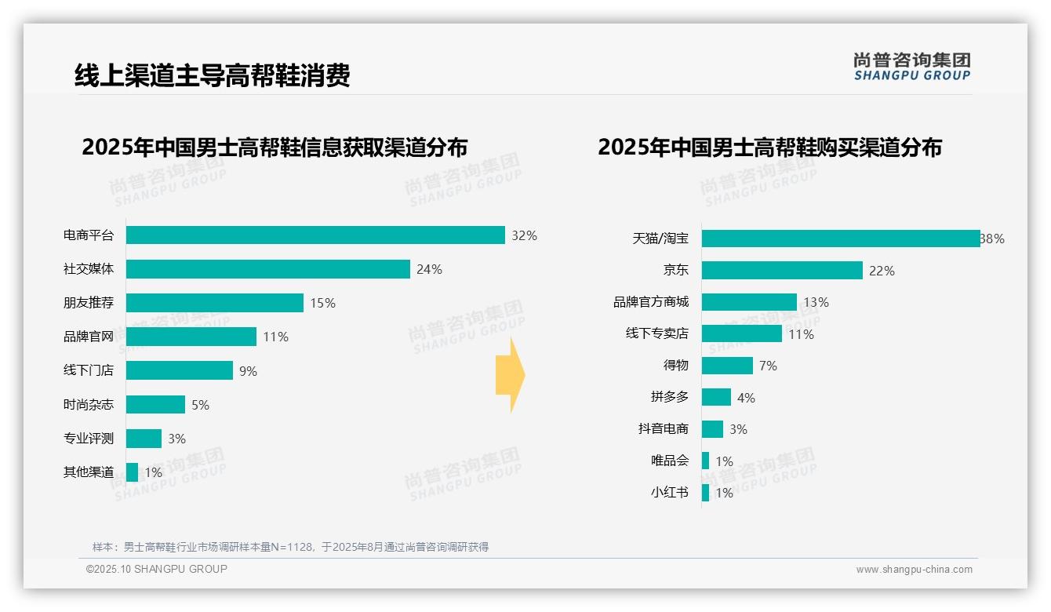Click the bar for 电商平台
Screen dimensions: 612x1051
pyautogui.click(x=315, y=235)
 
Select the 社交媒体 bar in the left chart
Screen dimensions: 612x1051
pyautogui.click(x=268, y=269)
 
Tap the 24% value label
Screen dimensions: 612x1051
pyautogui.click(x=429, y=269)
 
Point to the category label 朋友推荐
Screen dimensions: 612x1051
pyautogui.click(x=89, y=303)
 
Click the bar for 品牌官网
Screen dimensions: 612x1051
pyautogui.click(x=191, y=337)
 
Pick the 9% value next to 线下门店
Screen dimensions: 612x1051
pyautogui.click(x=248, y=371)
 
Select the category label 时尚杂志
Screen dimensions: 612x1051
pyautogui.click(x=89, y=405)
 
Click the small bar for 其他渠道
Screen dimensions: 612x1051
pyautogui.click(x=132, y=472)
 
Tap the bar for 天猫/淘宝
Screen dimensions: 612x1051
pyautogui.click(x=840, y=239)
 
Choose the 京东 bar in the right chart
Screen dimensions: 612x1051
pyautogui.click(x=782, y=271)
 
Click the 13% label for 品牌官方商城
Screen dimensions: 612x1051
pyautogui.click(x=816, y=302)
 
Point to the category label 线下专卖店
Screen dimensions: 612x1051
pyautogui.click(x=656, y=333)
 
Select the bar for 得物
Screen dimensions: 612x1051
pyautogui.click(x=727, y=366)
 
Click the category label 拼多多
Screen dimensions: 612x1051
pyautogui.click(x=669, y=397)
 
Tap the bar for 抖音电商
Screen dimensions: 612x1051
pyautogui.click(x=712, y=429)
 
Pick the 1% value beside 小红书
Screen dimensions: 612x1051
pyautogui.click(x=724, y=493)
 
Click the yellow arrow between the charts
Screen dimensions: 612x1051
pyautogui.click(x=511, y=376)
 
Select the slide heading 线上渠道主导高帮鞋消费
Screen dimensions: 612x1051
pyautogui.click(x=212, y=75)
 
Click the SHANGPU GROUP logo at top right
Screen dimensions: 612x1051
pyautogui.click(x=911, y=67)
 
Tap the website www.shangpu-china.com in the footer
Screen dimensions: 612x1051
pyautogui.click(x=914, y=569)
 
